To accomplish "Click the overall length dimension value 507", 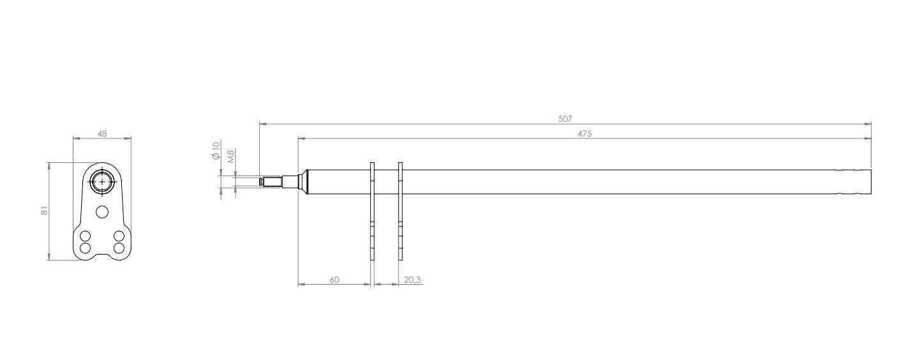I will [x=565, y=119].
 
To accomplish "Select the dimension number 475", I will [x=584, y=133].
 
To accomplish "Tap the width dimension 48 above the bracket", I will [x=102, y=133].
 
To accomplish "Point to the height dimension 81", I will [x=44, y=211].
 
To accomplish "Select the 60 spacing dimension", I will [x=335, y=280].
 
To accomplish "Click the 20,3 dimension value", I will [x=412, y=280].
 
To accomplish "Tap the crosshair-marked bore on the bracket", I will [x=102, y=181].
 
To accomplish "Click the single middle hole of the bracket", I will [x=102, y=211].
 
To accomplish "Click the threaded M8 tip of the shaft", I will [x=271, y=182].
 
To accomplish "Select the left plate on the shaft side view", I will [x=372, y=211].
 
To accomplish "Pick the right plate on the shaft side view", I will [x=400, y=211].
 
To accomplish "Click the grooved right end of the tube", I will [x=854, y=182].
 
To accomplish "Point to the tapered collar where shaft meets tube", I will [x=305, y=182].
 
